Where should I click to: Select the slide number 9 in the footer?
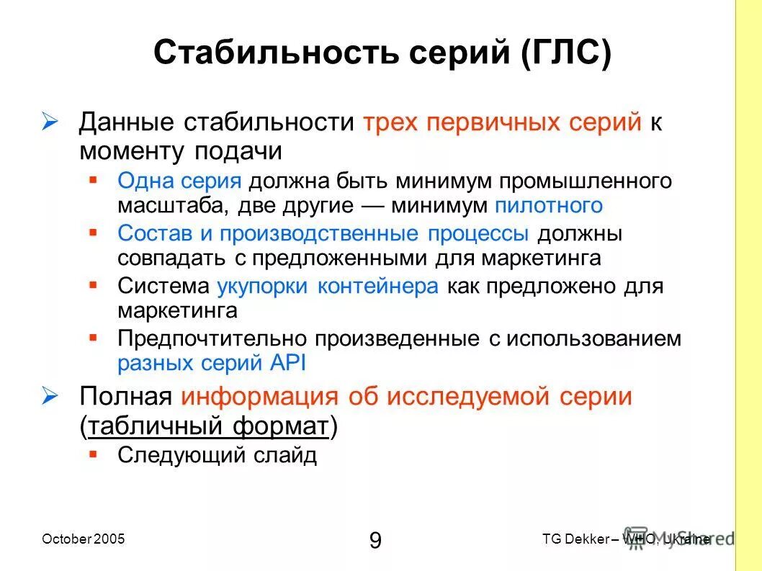(x=375, y=539)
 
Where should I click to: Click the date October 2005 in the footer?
(x=84, y=539)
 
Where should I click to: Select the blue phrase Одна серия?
(x=179, y=180)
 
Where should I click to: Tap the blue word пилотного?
(x=549, y=205)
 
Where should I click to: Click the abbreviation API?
(x=289, y=364)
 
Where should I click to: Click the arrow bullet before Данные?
(x=50, y=122)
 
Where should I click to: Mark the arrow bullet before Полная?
(x=50, y=396)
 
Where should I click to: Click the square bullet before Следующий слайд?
(x=94, y=454)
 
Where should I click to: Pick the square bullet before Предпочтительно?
(x=94, y=336)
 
